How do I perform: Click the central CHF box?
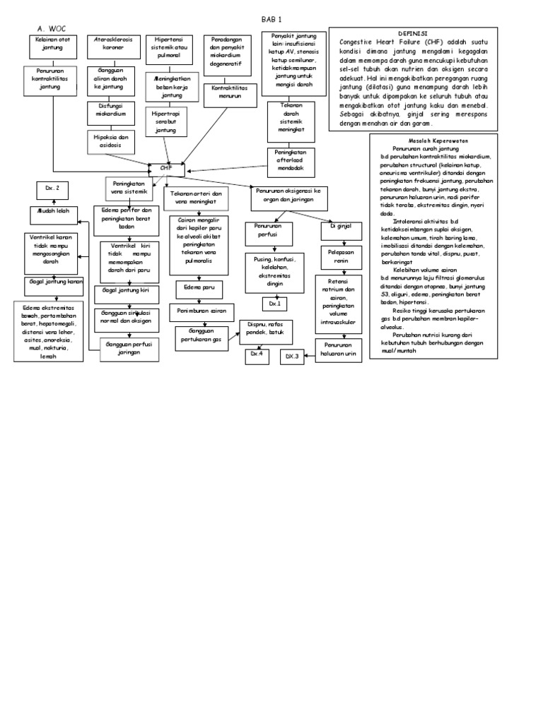(167, 170)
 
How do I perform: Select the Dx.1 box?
(274, 304)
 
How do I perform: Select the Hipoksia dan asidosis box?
(111, 141)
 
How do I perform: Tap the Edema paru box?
(199, 289)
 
